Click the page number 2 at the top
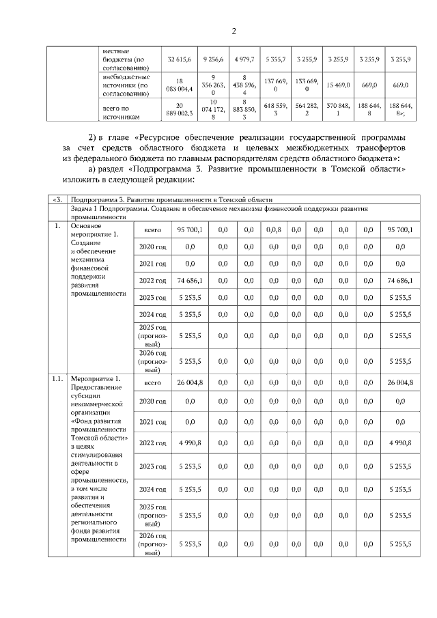[x=233, y=31]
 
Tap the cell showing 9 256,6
[x=213, y=60]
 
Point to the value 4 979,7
[x=244, y=60]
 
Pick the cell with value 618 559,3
[x=276, y=112]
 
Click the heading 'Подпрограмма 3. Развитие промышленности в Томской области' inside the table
[x=172, y=200]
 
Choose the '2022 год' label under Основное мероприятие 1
[x=152, y=281]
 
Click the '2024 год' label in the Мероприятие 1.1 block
[x=152, y=490]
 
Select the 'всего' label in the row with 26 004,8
[x=152, y=383]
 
